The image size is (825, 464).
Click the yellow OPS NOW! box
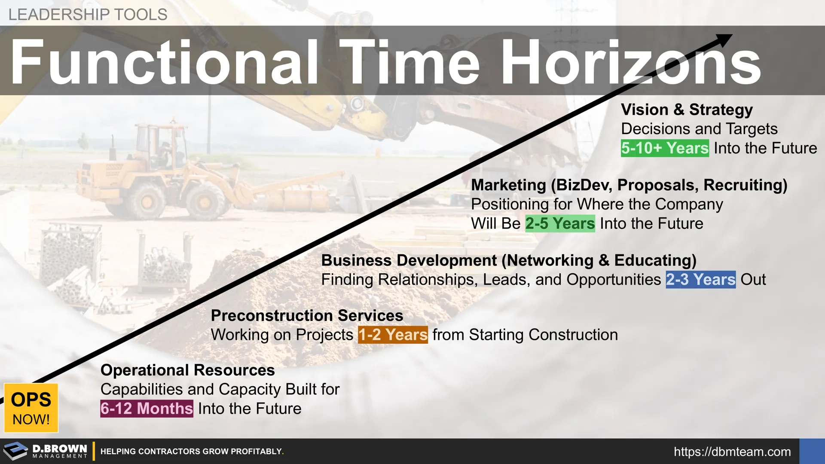[31, 408]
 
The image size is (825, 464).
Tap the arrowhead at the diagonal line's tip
[724, 40]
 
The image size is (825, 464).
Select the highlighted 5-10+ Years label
[665, 148]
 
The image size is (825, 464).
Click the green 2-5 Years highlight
[560, 223]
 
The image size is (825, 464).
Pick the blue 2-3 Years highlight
[700, 280]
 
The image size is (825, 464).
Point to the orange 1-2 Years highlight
[393, 335]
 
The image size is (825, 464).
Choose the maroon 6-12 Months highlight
[147, 409]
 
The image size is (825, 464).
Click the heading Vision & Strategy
[687, 110]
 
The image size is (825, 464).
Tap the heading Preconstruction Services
[307, 316]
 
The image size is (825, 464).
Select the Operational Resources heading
[187, 370]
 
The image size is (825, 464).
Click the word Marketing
[508, 185]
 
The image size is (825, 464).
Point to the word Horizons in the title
[630, 62]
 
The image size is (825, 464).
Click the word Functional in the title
[165, 62]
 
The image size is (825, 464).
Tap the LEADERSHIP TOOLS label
[88, 15]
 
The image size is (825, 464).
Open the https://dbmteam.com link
[732, 452]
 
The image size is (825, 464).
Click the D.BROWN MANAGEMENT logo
[45, 451]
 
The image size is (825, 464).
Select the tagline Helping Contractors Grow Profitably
[192, 452]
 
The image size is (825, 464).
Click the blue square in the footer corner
[812, 451]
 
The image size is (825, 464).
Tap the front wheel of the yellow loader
[204, 201]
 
